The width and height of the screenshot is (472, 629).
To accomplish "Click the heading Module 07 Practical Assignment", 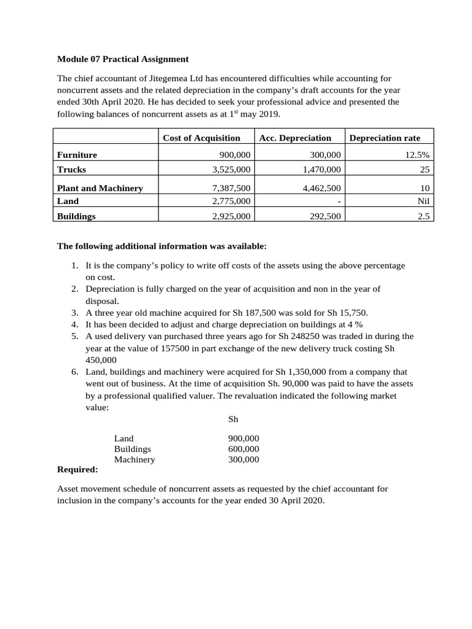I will (123, 60).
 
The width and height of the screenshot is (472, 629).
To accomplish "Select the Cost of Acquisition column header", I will (201, 138).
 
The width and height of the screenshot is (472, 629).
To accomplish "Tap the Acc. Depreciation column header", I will (295, 138).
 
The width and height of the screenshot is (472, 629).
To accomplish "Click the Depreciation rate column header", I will (385, 138).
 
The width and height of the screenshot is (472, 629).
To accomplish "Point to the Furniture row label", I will (77, 155).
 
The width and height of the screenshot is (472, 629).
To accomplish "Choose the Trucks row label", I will (71, 170).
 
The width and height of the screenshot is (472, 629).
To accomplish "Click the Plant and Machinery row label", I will (100, 189).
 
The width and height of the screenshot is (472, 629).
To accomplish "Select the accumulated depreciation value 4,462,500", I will (322, 189).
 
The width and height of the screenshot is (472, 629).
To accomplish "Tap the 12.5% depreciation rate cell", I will (417, 155).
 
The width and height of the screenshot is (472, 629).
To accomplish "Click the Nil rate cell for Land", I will (423, 201).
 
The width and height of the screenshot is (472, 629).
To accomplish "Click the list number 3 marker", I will (74, 313).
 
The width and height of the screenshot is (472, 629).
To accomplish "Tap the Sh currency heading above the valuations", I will (233, 420).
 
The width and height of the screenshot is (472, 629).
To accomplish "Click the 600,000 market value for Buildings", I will (243, 449).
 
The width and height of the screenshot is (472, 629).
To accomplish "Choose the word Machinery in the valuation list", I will (135, 459).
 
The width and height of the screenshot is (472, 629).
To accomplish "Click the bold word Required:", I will (77, 470).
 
